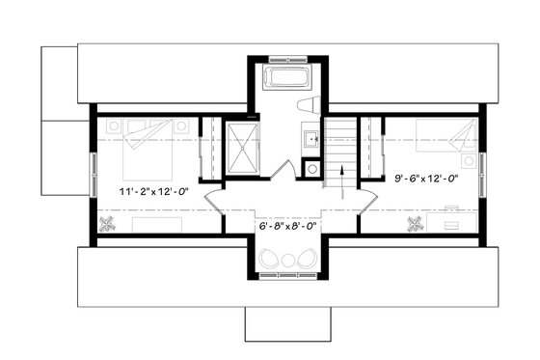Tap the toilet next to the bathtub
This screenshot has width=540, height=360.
point(308,105)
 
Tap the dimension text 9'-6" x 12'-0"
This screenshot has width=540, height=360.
point(425,178)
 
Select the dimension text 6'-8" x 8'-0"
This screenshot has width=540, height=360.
point(287,227)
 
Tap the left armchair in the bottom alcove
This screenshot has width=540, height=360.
point(272,259)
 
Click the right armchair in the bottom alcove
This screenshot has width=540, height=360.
point(302,259)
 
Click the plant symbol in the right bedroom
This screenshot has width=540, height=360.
point(417,226)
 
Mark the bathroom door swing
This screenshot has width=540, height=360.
point(281,170)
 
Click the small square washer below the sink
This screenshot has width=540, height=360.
point(311,168)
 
